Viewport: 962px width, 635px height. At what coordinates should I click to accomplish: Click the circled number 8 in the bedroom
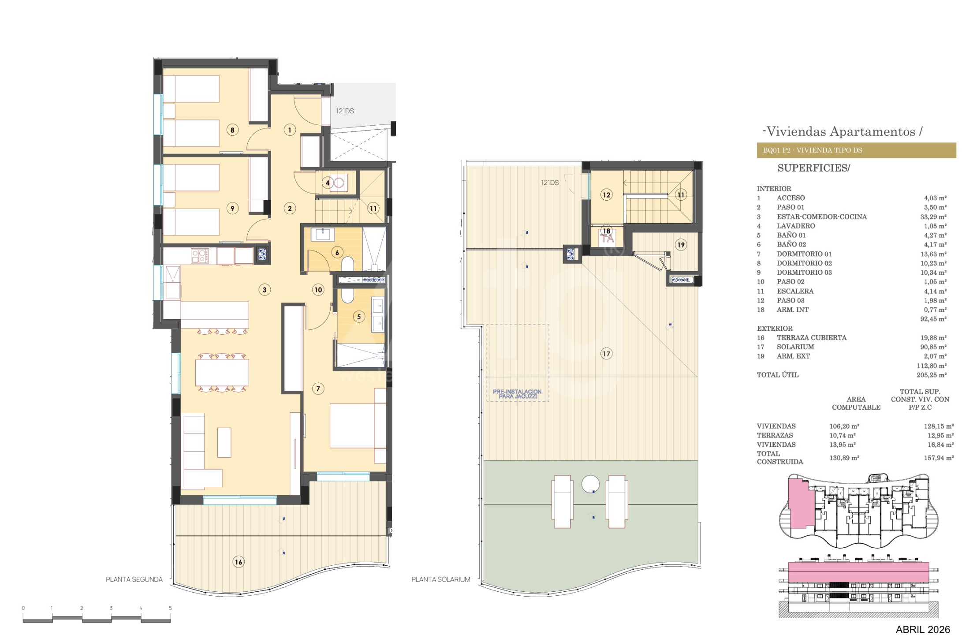(x=232, y=130)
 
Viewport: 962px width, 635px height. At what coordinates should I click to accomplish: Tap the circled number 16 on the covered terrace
(x=239, y=562)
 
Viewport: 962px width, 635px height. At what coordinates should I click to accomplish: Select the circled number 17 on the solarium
(x=607, y=354)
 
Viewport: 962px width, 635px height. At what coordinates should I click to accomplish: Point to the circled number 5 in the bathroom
(x=359, y=317)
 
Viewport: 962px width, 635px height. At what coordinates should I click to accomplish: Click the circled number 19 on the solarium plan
(x=681, y=245)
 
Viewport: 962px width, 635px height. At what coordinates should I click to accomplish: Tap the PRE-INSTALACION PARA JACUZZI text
(x=517, y=394)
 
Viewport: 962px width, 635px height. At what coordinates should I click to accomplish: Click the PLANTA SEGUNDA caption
(x=134, y=579)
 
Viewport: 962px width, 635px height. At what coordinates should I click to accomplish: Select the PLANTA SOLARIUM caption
(x=441, y=579)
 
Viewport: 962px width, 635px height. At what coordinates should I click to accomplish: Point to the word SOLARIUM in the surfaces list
(x=795, y=347)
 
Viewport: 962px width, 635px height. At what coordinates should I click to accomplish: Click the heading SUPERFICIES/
(x=813, y=168)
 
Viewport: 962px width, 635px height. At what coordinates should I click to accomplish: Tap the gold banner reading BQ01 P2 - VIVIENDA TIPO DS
(x=856, y=150)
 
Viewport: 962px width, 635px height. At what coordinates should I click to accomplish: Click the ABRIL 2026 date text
(x=923, y=629)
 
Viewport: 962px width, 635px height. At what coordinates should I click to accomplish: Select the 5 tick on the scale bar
(x=170, y=608)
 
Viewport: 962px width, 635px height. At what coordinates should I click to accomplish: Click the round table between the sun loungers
(x=590, y=484)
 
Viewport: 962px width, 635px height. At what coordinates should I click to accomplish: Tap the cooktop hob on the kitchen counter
(x=200, y=256)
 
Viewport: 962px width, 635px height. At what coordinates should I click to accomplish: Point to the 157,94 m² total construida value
(x=939, y=458)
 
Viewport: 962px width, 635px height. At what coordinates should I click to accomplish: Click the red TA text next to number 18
(x=608, y=239)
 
